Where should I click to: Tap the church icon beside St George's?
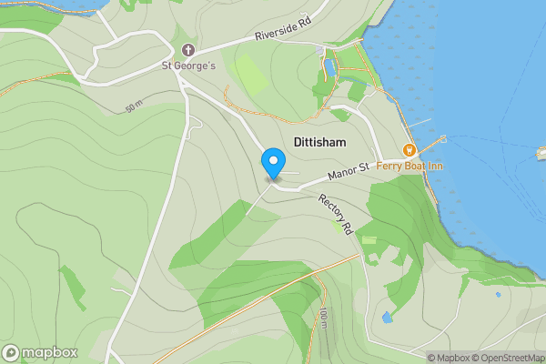(x=188, y=49)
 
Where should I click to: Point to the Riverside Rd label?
(x=283, y=35)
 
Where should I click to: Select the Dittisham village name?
(x=320, y=142)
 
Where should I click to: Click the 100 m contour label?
(x=323, y=318)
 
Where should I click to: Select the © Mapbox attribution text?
(x=449, y=358)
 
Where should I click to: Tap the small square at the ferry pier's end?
(x=443, y=138)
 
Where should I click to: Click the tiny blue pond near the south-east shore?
(x=498, y=294)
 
